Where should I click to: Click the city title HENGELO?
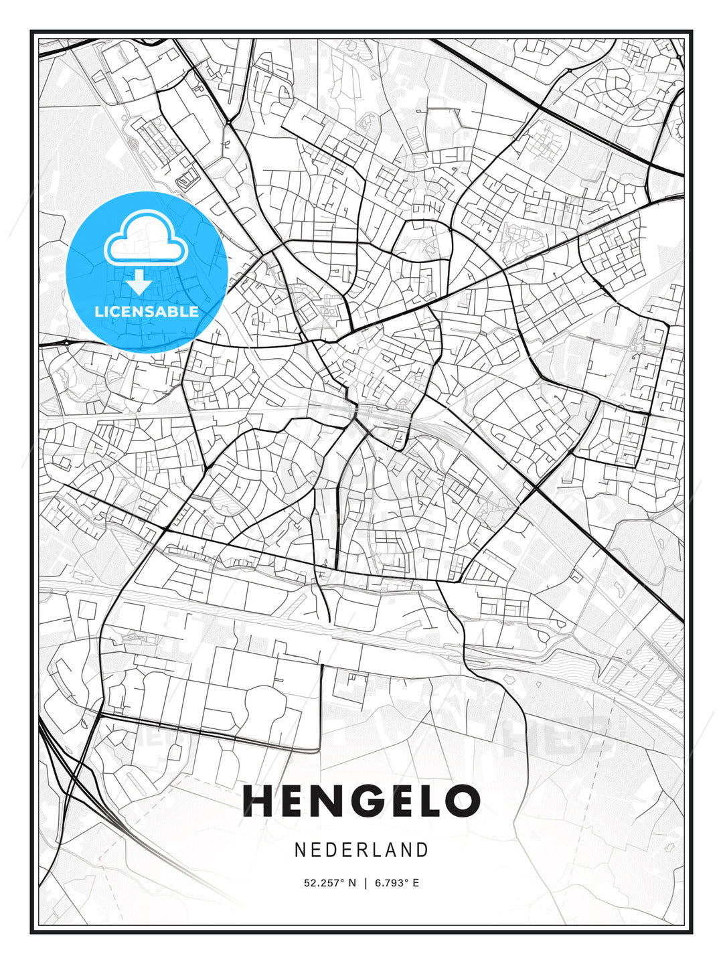click(361, 801)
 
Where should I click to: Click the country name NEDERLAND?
click(361, 850)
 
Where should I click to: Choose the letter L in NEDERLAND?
click(378, 850)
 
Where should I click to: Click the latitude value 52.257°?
click(323, 883)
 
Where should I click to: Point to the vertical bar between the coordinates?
click(366, 883)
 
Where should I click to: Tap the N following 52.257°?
click(353, 883)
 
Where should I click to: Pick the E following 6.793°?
click(416, 883)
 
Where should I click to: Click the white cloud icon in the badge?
click(145, 239)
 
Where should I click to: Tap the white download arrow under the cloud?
click(139, 283)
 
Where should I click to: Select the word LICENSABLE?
click(147, 311)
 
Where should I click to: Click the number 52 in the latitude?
click(309, 883)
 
